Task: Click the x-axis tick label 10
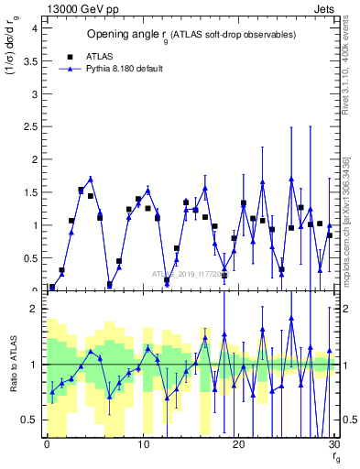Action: pyautogui.click(x=142, y=444)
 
